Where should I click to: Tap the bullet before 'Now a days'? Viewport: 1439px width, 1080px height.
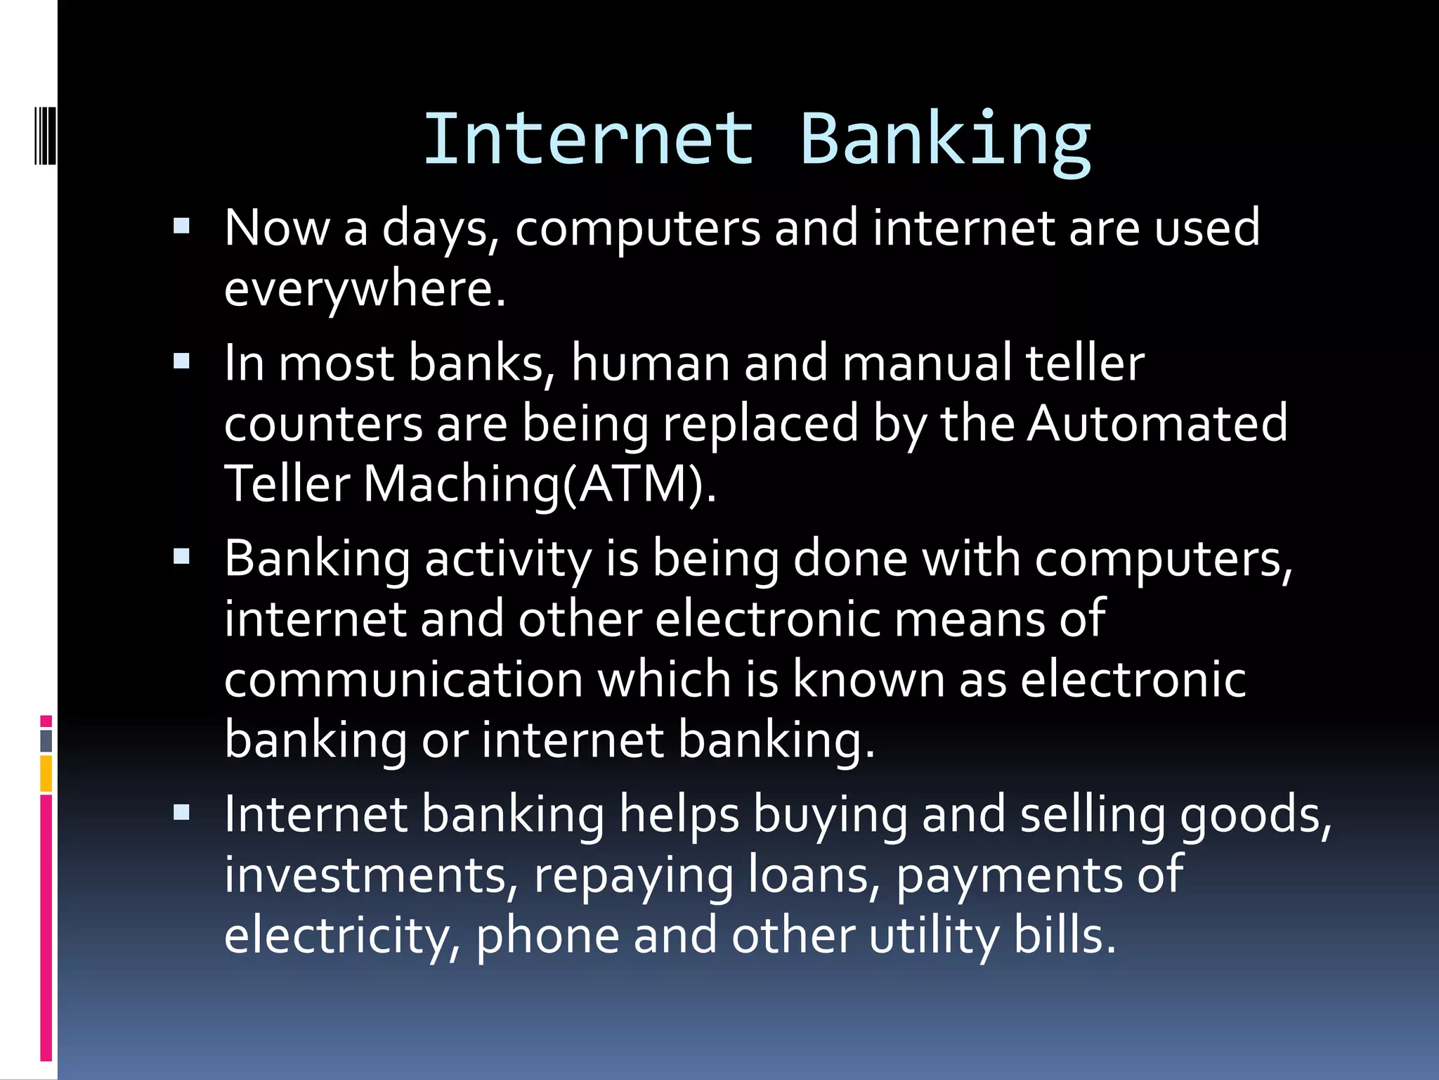tap(181, 226)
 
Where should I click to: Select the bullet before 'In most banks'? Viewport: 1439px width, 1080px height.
tap(181, 361)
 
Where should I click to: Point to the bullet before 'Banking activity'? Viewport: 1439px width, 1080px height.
tap(181, 557)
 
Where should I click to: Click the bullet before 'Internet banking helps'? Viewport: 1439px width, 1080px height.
tap(181, 813)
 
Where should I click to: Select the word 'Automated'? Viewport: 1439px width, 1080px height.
tap(1157, 423)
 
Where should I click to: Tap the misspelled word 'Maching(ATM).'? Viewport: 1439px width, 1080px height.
tap(540, 484)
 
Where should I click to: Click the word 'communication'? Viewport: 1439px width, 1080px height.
tap(403, 679)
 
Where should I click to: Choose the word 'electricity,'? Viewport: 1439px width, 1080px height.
tap(342, 936)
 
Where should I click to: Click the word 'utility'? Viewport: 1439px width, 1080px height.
tap(934, 936)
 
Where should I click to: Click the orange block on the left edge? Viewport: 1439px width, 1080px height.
tap(46, 773)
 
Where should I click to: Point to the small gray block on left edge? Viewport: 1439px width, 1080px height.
tap(46, 740)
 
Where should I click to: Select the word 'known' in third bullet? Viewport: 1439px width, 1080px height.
tap(868, 679)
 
